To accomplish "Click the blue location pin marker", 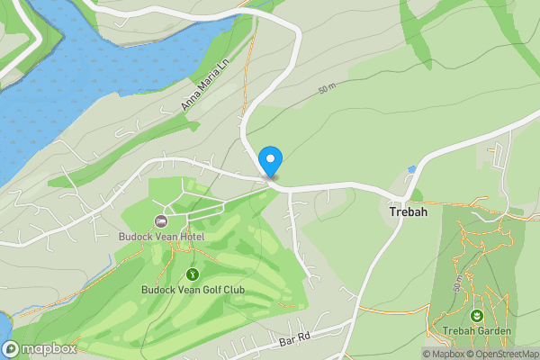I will (x=270, y=161).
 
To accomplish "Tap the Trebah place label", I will (x=408, y=213).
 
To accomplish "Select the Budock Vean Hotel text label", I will (x=162, y=237).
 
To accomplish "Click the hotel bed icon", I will (x=162, y=221).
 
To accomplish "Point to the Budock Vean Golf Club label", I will (x=193, y=290).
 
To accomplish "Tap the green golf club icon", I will (x=192, y=274).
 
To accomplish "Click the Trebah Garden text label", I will (x=476, y=331).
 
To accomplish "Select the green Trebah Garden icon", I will (x=476, y=315).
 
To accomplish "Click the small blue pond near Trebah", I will (x=411, y=168).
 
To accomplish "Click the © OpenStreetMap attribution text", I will (x=503, y=354).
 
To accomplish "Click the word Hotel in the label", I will (x=191, y=237).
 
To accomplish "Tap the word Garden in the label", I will (x=494, y=331).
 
